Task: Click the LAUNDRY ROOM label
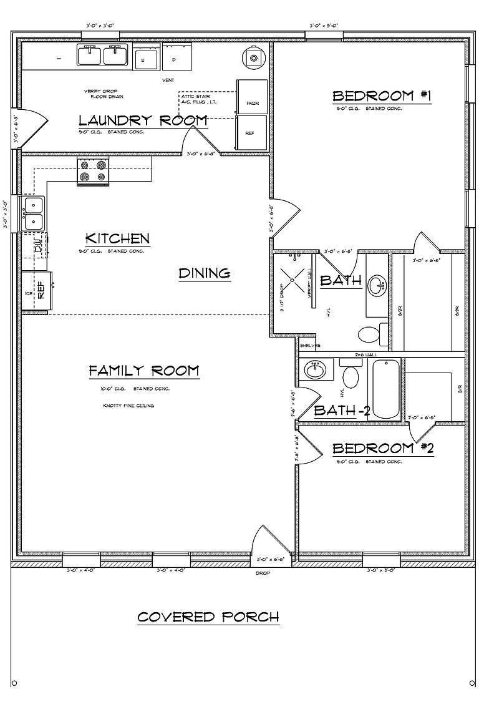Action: click(143, 120)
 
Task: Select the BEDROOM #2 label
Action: click(382, 449)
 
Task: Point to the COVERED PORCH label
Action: click(208, 617)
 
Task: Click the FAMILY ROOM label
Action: click(144, 371)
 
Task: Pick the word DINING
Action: click(205, 273)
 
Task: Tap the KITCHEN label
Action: click(117, 239)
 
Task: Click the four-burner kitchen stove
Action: click(93, 172)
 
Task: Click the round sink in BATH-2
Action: click(315, 371)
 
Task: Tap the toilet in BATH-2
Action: click(351, 378)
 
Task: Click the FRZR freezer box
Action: click(251, 97)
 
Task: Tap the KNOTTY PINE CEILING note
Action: click(128, 406)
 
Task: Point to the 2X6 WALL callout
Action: click(367, 354)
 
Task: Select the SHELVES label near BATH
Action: click(310, 345)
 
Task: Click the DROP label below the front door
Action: click(263, 572)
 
